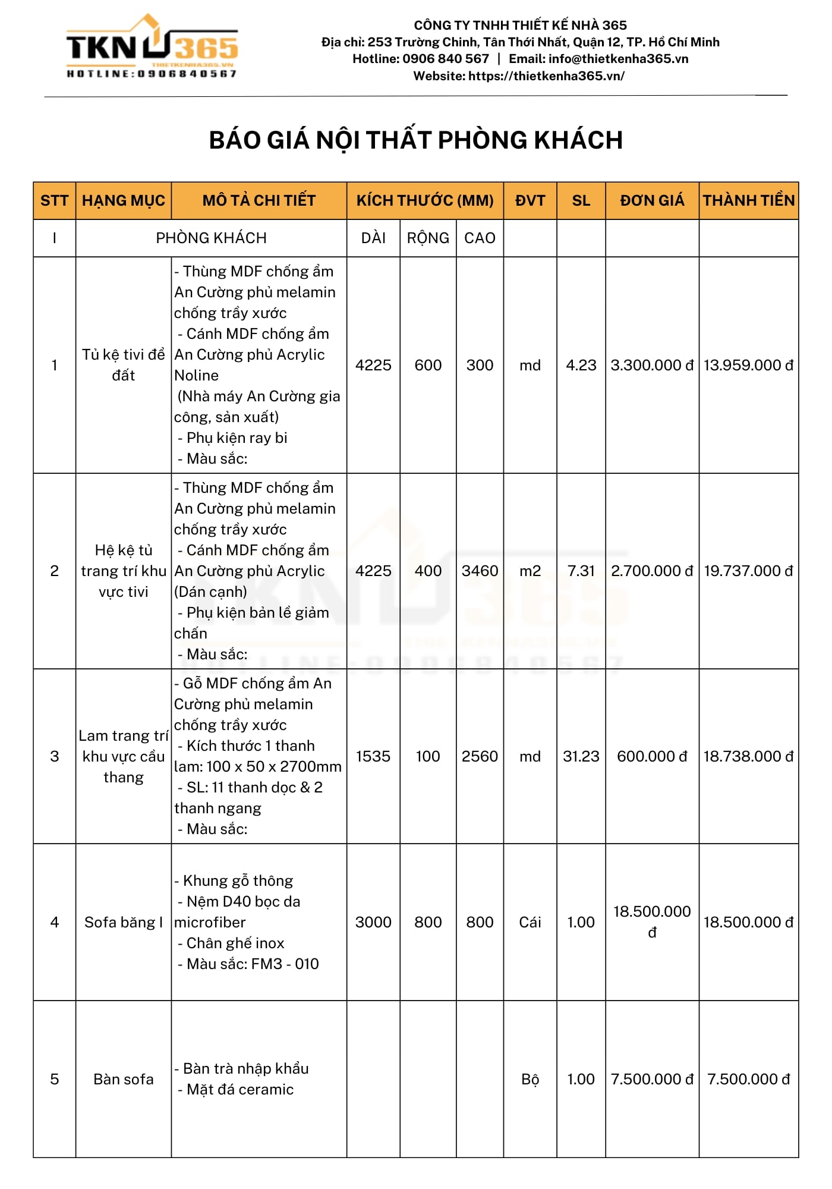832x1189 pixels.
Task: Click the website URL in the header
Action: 546,76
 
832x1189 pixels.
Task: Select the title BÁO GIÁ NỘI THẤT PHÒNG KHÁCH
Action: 415,140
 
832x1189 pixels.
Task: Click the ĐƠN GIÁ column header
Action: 652,200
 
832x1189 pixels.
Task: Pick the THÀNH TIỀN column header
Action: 749,200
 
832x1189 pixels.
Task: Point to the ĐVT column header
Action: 530,200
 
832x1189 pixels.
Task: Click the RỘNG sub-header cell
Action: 428,238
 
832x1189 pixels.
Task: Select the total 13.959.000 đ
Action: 748,365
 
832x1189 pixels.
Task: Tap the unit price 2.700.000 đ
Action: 652,571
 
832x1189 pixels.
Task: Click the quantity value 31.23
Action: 581,756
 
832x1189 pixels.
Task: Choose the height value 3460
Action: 480,571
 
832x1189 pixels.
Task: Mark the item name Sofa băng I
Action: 124,922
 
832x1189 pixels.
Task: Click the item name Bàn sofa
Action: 124,1079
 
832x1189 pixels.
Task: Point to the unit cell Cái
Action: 530,922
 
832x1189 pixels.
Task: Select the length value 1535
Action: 373,756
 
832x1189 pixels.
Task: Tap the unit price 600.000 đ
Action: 652,756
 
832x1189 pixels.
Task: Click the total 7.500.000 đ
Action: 748,1079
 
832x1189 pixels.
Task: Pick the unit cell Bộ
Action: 530,1079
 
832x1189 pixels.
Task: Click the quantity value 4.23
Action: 581,365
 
